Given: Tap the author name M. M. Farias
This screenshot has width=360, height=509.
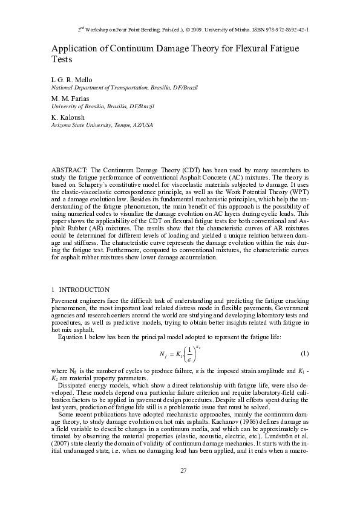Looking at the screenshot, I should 68,98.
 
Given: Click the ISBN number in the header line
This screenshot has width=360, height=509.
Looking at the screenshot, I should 280,29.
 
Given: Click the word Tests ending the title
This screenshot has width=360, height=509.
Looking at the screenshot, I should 62,60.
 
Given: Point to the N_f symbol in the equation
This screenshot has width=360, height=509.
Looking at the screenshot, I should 163,354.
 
